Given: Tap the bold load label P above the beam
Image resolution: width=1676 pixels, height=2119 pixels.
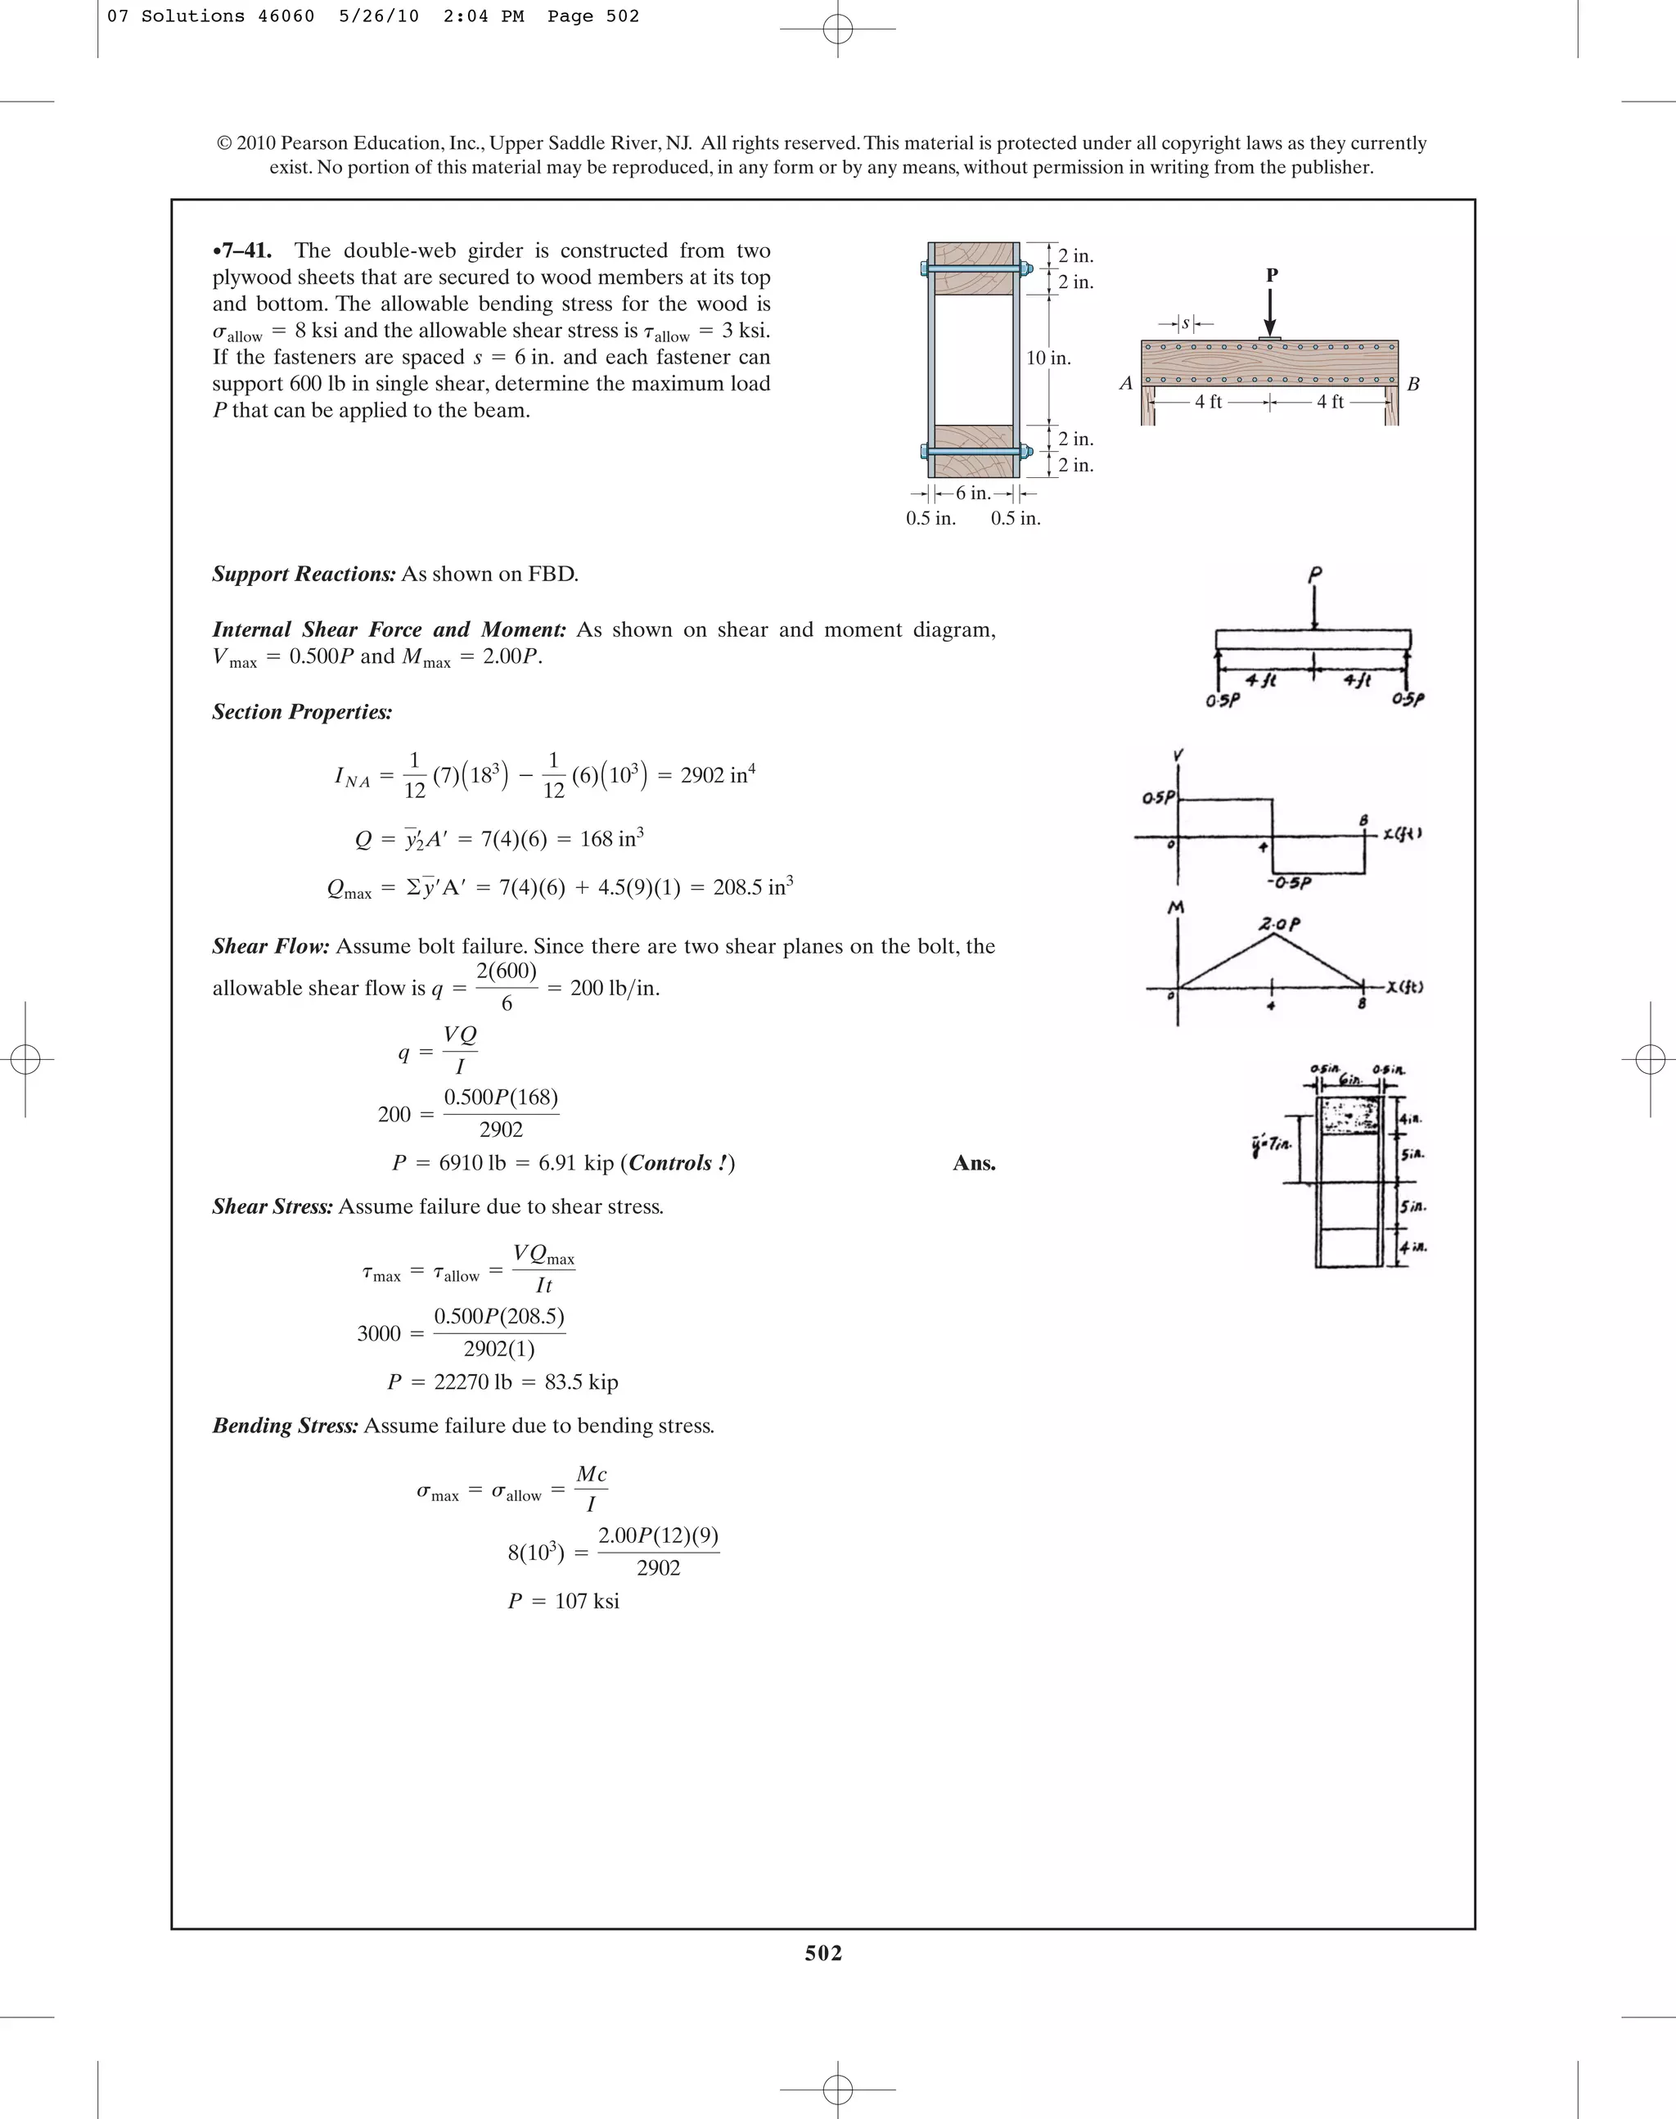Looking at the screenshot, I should pos(1272,276).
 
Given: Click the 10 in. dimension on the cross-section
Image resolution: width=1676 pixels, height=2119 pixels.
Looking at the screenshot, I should pos(1048,358).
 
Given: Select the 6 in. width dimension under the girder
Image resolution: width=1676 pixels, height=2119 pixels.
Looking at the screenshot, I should pos(972,494).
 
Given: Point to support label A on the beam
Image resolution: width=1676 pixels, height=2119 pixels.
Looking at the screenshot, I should pos(1125,384).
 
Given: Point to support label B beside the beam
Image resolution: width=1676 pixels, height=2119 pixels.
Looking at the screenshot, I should pos(1413,385).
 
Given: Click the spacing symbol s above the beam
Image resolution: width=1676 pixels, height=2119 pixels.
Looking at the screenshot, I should pos(1185,323).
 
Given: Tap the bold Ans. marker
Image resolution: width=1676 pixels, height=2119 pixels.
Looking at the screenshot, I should pos(973,1163).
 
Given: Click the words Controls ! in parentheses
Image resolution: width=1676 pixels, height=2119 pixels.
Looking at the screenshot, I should pos(680,1163).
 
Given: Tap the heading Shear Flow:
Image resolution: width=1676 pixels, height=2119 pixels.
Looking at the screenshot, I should pos(271,946).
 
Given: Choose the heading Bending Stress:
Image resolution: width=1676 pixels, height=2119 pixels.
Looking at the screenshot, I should pos(285,1425).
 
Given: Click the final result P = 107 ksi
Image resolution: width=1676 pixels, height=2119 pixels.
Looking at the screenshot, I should pos(563,1601).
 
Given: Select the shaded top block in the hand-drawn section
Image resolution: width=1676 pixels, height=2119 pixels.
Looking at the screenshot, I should pos(1350,1116).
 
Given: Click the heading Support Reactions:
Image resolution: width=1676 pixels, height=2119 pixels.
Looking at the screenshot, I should pos(304,575).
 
